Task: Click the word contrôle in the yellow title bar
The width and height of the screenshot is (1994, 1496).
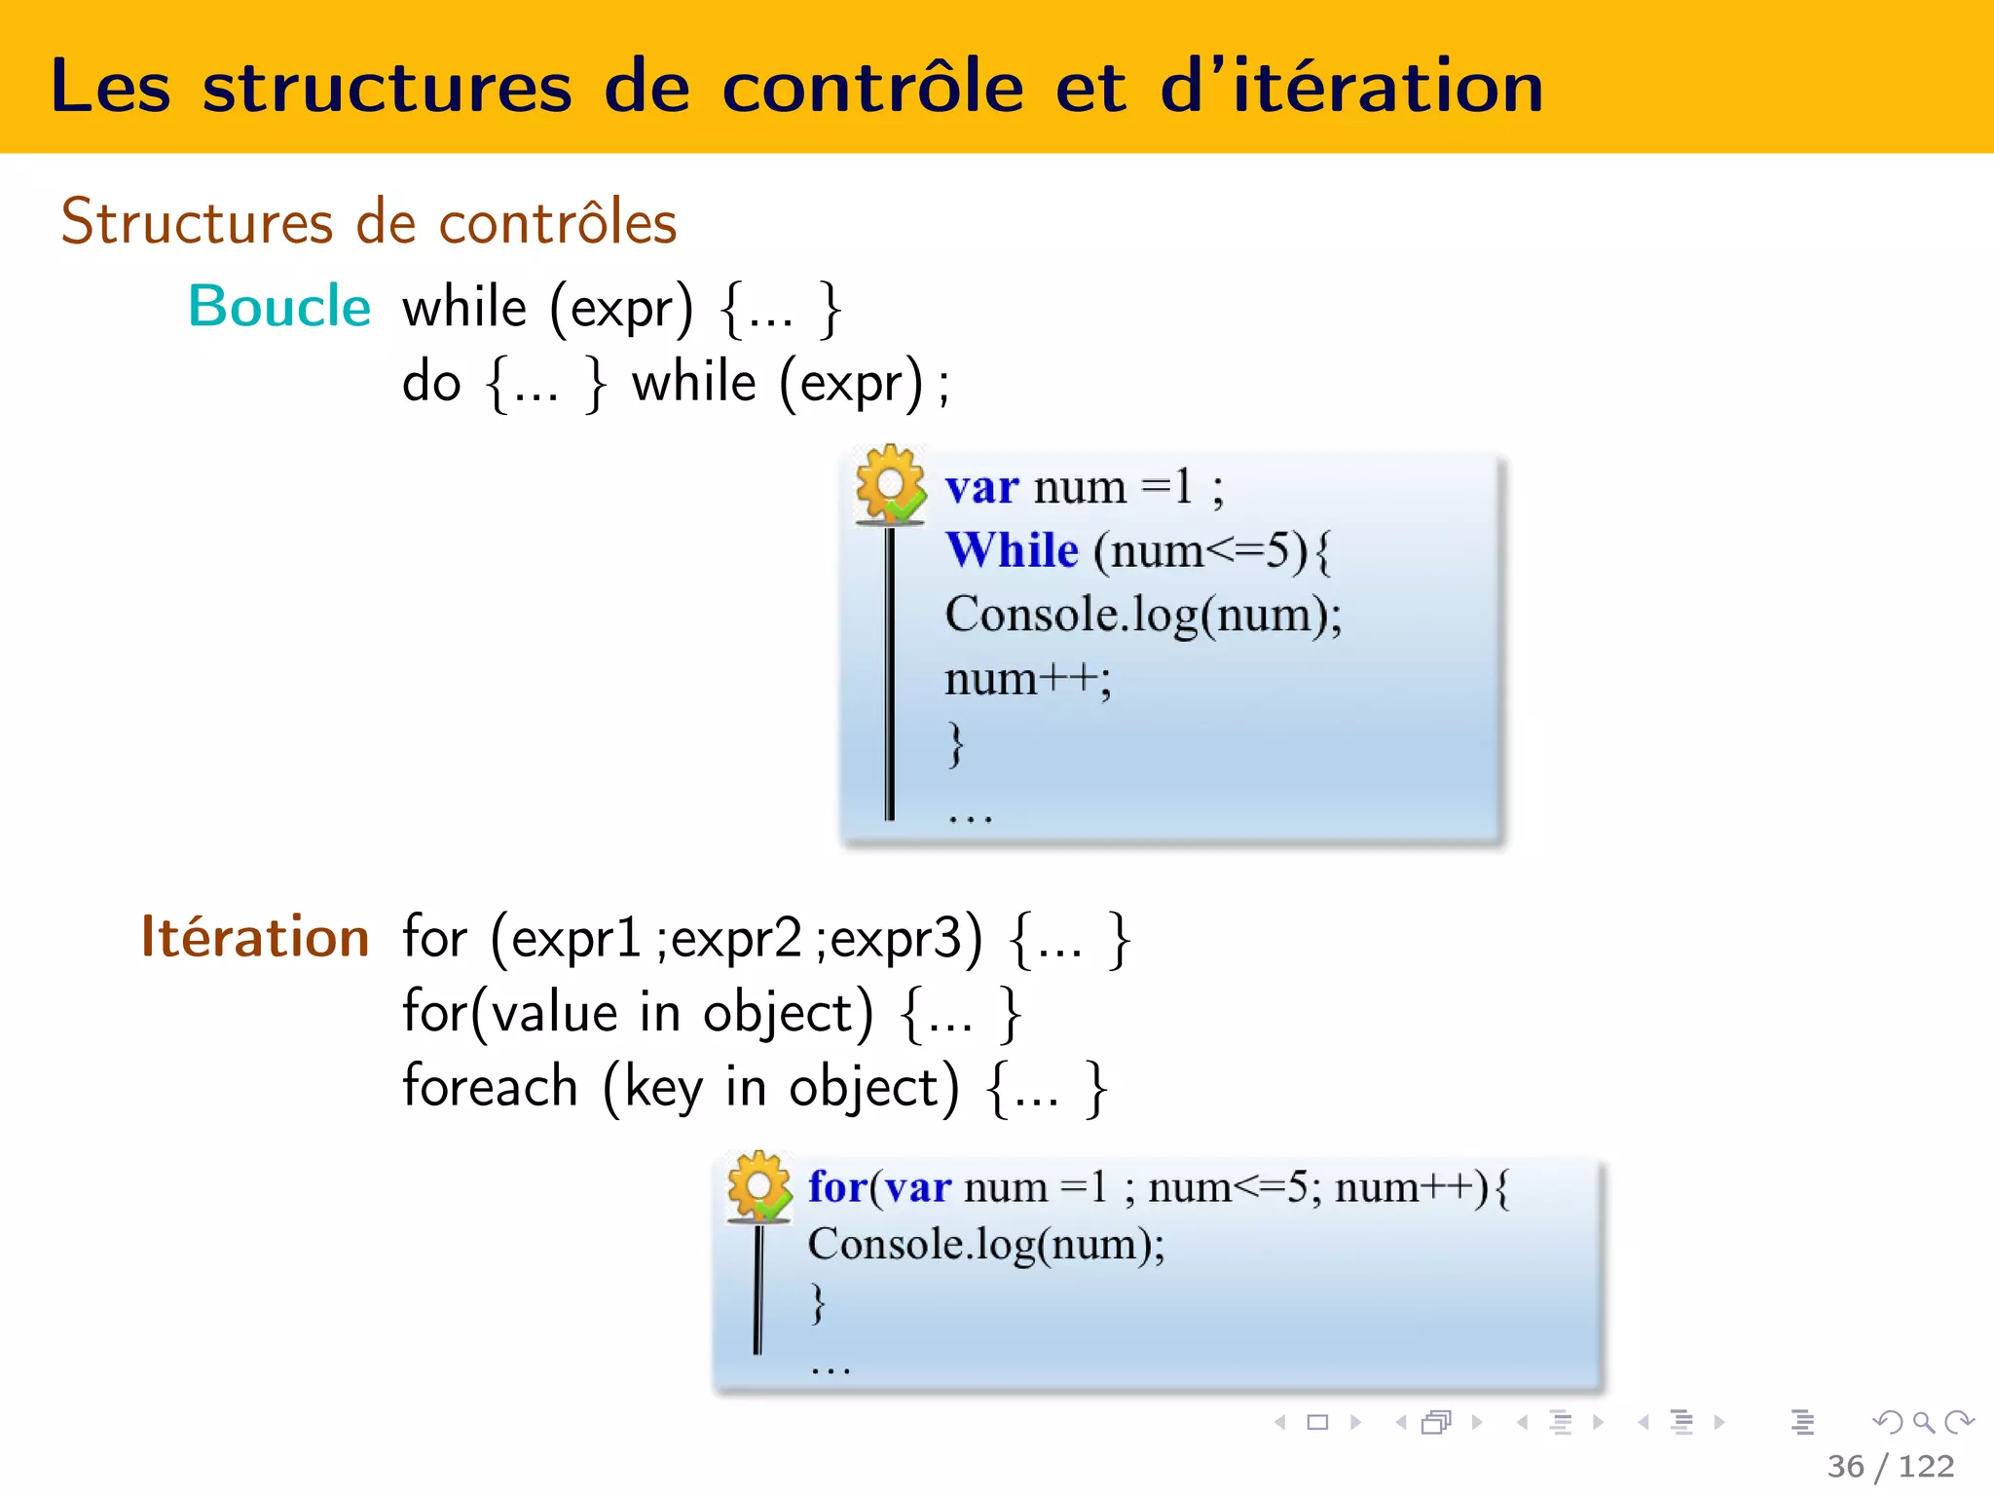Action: tap(872, 88)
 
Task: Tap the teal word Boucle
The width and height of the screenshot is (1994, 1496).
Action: tap(279, 307)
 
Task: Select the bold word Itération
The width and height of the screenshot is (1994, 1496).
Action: tap(255, 937)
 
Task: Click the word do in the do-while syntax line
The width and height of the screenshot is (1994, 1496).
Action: tap(431, 382)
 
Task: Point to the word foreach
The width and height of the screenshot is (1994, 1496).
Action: tap(491, 1087)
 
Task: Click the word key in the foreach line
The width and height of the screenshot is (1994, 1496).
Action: tap(664, 1089)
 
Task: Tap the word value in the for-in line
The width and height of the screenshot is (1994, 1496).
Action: tap(555, 1013)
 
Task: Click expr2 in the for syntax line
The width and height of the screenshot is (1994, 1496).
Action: tap(737, 939)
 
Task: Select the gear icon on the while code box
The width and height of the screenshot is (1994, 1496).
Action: tap(890, 484)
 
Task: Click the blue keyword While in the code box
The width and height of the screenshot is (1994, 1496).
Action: tap(1013, 550)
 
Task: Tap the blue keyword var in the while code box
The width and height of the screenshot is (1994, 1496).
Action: tap(982, 487)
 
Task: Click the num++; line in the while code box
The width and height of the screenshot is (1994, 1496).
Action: tap(1027, 679)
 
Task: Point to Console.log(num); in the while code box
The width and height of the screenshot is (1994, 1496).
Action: tap(1143, 616)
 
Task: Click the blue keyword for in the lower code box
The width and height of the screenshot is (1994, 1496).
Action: tap(837, 1187)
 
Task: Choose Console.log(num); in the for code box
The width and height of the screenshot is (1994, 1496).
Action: tap(986, 1245)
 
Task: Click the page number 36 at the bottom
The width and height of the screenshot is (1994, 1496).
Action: tap(1846, 1466)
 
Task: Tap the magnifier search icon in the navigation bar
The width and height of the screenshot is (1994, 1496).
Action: tap(1923, 1422)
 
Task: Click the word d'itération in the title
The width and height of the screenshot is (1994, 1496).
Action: tap(1351, 88)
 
